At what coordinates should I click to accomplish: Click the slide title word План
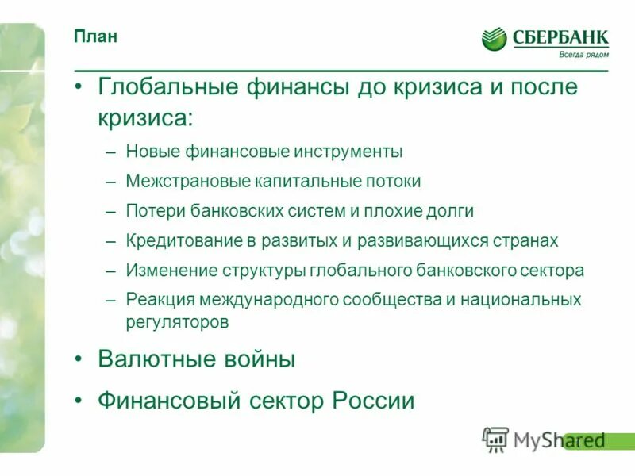tap(96, 37)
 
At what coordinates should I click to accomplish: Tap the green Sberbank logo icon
tap(494, 38)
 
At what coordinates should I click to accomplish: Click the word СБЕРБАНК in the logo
tap(560, 36)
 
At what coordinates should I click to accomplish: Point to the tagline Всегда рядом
tap(585, 54)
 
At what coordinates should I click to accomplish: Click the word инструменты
tap(345, 152)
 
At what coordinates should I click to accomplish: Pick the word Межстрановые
tap(187, 182)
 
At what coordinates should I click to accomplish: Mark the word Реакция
tap(155, 300)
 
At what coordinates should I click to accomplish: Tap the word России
tap(377, 401)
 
